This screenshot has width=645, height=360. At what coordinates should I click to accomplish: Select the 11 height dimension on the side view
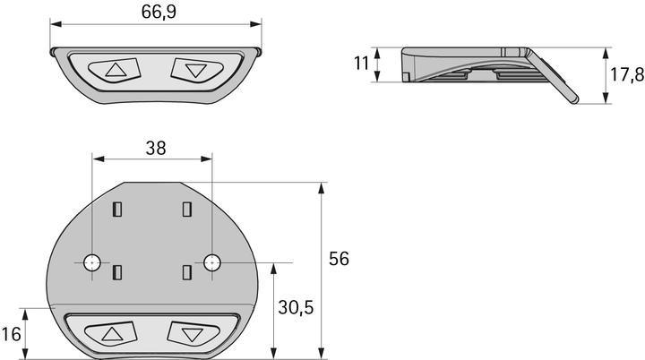tap(361, 64)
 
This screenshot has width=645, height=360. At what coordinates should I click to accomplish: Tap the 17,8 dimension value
tap(626, 75)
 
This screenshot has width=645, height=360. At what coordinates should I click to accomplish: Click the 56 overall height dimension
tap(339, 259)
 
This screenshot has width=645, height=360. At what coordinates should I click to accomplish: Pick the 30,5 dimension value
tap(296, 307)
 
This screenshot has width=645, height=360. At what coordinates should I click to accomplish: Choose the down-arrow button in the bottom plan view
tap(190, 334)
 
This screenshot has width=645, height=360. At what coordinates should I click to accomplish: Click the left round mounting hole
tap(92, 261)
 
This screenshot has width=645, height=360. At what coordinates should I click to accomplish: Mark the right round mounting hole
tap(212, 261)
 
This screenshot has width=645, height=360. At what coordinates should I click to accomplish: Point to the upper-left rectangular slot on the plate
tap(116, 210)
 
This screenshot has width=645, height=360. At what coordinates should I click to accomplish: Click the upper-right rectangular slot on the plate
tap(186, 210)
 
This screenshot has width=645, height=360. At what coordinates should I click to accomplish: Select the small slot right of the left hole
tap(116, 272)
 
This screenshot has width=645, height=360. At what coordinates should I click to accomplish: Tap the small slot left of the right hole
tap(186, 272)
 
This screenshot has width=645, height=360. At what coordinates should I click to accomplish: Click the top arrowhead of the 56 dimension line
tap(320, 185)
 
